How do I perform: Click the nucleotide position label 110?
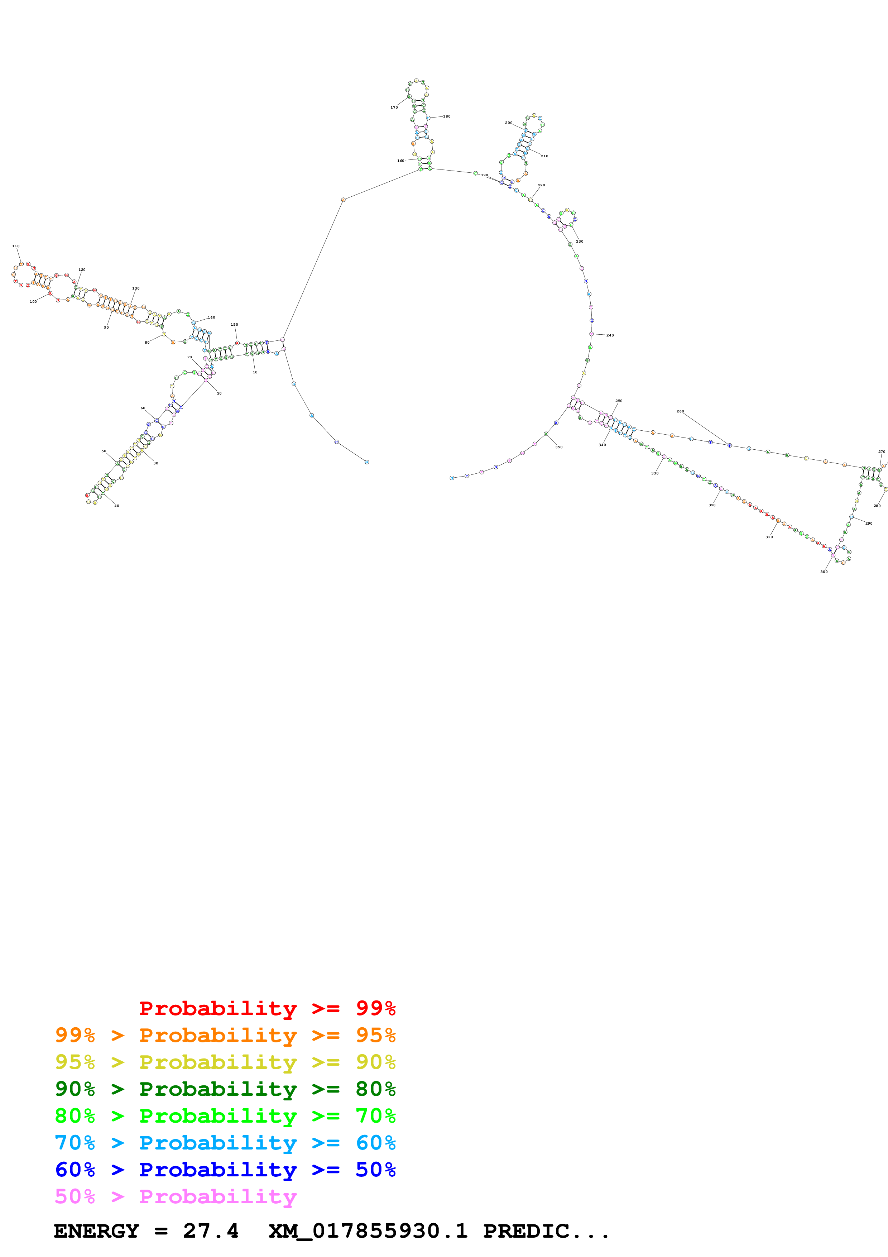(x=16, y=246)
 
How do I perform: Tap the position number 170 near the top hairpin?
(x=394, y=107)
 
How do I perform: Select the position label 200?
(x=509, y=123)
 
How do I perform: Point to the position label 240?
(x=610, y=335)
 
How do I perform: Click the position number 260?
(x=680, y=411)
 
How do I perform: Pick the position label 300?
(x=824, y=572)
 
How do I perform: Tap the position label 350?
(x=558, y=447)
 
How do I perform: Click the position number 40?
(x=116, y=506)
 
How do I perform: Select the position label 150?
(x=234, y=324)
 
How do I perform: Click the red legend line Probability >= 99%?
(x=267, y=1008)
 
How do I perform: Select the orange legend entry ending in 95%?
(x=225, y=1035)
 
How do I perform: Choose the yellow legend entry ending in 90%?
(x=225, y=1062)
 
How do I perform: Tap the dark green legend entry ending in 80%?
(x=225, y=1089)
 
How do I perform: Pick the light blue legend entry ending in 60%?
(x=225, y=1143)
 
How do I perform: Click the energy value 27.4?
(x=211, y=1231)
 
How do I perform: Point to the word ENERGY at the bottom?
(x=96, y=1231)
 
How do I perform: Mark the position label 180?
(x=446, y=116)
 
